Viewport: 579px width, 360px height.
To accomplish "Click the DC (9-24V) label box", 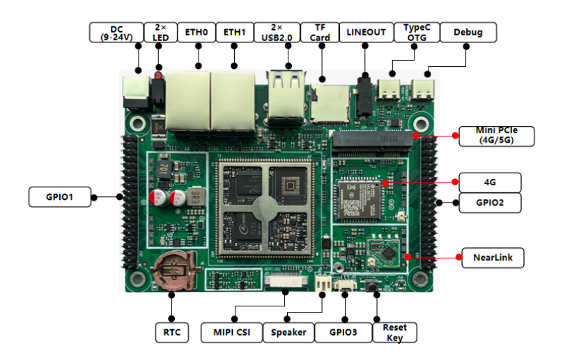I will (116, 32).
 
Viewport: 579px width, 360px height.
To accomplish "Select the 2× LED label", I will (160, 32).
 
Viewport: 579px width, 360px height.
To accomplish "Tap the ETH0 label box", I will (196, 32).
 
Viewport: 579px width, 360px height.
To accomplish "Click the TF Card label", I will (320, 32).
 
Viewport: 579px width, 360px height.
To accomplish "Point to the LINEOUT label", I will (366, 32).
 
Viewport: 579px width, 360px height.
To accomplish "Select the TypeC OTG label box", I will (417, 32).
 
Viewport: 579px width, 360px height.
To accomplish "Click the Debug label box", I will (468, 32).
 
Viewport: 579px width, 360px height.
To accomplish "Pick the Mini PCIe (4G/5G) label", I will (496, 135).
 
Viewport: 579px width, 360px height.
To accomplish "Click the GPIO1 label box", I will (61, 197).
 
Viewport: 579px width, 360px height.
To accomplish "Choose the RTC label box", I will (171, 332).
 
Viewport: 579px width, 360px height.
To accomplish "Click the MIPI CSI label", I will (231, 332).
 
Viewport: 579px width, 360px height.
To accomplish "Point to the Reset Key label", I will (394, 332).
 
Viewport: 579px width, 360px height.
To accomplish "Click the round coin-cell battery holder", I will (173, 271).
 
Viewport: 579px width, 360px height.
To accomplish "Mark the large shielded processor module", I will (263, 207).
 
